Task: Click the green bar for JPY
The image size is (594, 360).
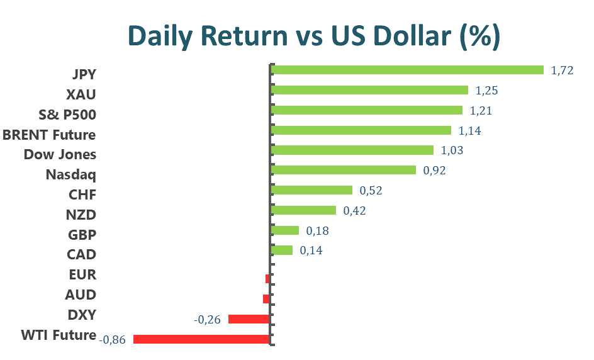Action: pos(406,70)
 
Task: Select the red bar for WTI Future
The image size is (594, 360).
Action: pos(201,339)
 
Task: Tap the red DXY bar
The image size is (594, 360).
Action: pos(249,319)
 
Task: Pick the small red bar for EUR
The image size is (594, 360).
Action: pos(267,278)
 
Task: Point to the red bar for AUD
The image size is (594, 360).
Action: pos(266,298)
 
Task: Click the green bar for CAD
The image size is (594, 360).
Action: pos(281,250)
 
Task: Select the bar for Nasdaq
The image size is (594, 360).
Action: pos(343,170)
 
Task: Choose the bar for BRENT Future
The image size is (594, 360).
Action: pos(361,130)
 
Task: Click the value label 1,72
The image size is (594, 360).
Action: pos(562,70)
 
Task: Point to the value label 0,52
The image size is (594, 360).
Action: pos(371,191)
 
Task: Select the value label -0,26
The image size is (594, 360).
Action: pos(207,320)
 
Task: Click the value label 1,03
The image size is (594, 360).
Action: pos(453,150)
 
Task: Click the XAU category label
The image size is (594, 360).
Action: pos(81,94)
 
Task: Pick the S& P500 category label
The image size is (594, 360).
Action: pos(68,115)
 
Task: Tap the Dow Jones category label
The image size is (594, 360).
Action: pos(60,154)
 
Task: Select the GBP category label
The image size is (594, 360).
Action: pos(81,235)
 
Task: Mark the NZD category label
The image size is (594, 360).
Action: pos(81,215)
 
